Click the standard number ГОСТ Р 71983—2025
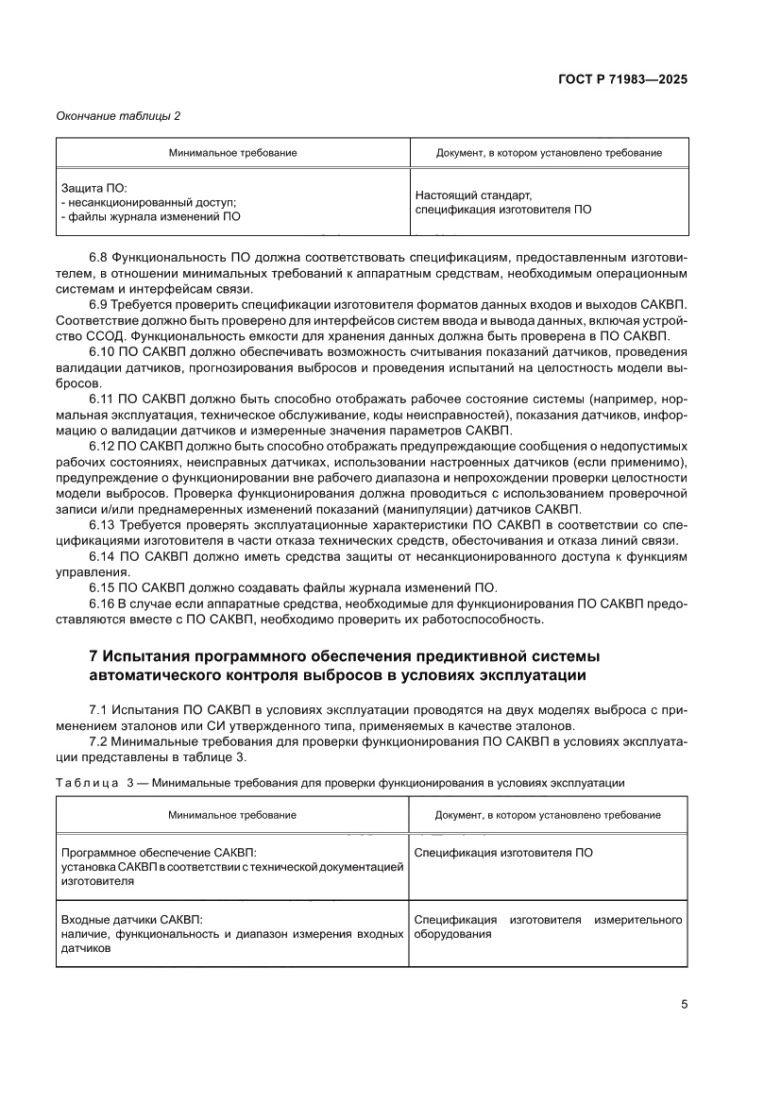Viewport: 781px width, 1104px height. (x=621, y=79)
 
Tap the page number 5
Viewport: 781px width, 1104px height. (x=683, y=1005)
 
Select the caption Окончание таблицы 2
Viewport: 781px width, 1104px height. (x=118, y=116)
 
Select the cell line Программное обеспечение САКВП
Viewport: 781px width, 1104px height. (x=158, y=852)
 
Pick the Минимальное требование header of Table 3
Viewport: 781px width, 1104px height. (x=232, y=815)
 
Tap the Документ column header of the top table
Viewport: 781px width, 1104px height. (x=548, y=153)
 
